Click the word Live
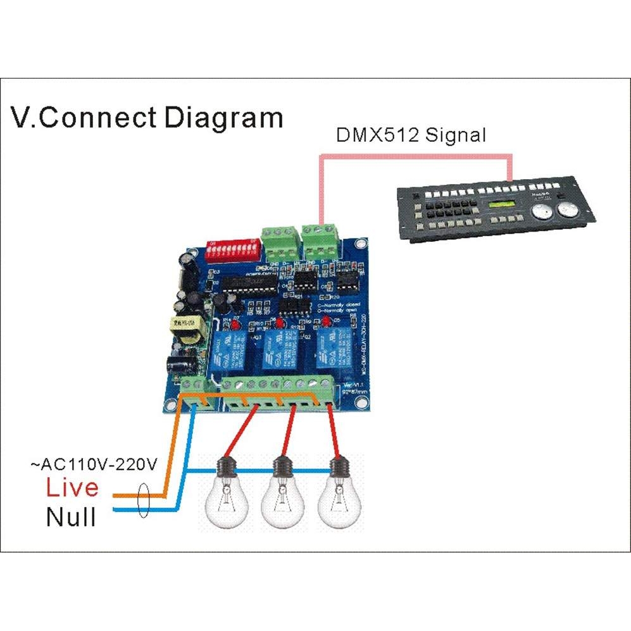72,487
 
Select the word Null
71,517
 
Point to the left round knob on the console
541,212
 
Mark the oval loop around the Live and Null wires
144,502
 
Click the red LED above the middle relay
278,324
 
